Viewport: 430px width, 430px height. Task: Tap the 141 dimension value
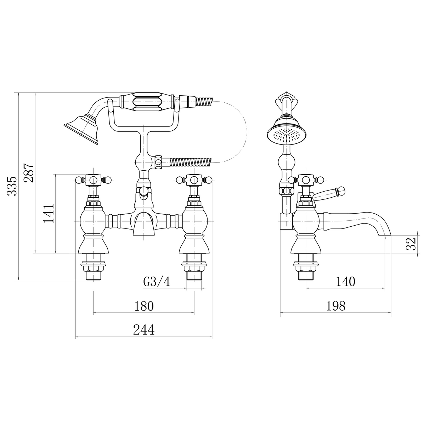click(49, 213)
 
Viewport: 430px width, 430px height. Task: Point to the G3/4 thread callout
click(157, 282)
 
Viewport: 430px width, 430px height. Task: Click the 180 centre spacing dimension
click(144, 306)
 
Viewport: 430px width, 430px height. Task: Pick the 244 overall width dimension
click(144, 330)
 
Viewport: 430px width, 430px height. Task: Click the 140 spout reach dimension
click(345, 282)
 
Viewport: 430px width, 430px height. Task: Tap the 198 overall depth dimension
click(335, 306)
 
